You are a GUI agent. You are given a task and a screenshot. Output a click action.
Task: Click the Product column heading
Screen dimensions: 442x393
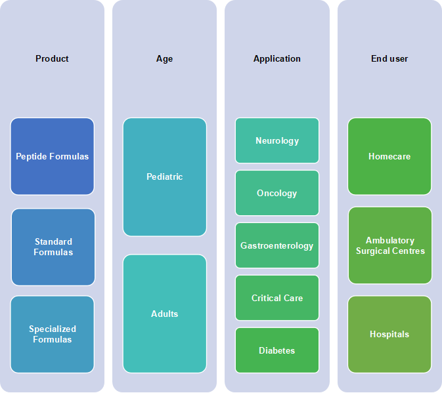tap(52, 58)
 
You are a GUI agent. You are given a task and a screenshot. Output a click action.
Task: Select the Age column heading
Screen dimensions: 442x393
tap(164, 59)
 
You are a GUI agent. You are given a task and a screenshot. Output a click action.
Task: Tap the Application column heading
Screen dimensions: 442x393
tap(276, 59)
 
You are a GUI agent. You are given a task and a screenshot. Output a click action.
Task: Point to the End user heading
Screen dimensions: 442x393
tap(389, 58)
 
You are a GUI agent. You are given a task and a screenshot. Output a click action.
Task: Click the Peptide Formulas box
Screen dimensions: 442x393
tap(52, 156)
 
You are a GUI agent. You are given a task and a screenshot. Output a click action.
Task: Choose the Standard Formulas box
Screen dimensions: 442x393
tap(53, 247)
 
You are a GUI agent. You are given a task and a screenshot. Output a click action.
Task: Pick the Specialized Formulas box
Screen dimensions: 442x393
tap(52, 334)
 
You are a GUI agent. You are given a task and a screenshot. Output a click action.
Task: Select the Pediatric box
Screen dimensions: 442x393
tap(165, 176)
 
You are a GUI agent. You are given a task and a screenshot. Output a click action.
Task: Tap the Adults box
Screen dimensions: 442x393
tap(165, 314)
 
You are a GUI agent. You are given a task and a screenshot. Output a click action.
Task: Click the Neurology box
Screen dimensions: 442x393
tap(277, 140)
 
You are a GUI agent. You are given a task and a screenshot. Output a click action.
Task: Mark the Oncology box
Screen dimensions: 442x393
tap(277, 193)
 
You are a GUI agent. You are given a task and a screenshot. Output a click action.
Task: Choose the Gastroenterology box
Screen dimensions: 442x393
tap(277, 245)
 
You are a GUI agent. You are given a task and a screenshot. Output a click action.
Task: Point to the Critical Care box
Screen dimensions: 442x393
tap(277, 298)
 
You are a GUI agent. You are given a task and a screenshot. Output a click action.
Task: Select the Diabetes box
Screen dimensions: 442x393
tap(277, 350)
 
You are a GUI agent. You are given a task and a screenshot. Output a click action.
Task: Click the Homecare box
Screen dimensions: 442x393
tap(389, 156)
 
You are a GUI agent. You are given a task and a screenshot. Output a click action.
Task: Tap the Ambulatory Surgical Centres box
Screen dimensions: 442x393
tap(390, 245)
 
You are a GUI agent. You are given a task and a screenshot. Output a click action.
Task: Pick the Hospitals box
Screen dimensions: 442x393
tap(389, 334)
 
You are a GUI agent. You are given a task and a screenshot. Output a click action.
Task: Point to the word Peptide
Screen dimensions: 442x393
tap(30, 157)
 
